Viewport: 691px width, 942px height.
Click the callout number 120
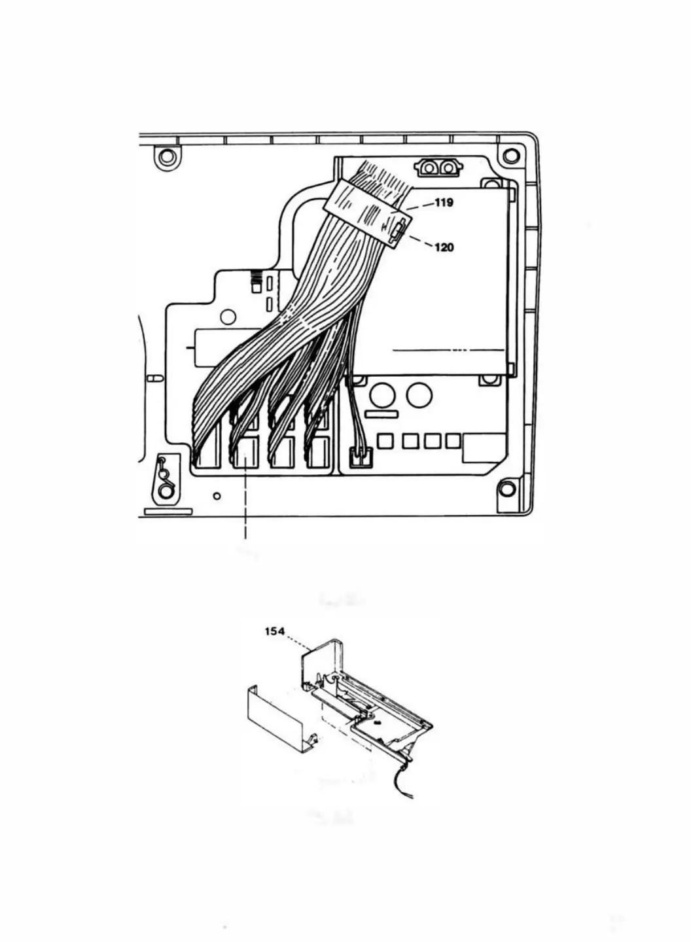444,247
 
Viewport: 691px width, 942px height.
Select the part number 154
274,631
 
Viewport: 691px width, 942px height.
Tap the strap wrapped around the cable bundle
366,209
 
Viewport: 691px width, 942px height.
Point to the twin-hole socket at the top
438,168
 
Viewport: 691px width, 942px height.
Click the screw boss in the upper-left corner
166,157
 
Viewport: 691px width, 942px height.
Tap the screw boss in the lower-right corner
506,489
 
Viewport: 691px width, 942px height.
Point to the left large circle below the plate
381,395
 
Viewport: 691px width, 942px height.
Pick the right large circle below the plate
418,395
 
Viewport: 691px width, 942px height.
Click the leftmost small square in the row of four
386,442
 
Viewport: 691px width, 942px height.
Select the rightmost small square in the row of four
453,441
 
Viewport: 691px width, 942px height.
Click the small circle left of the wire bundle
228,317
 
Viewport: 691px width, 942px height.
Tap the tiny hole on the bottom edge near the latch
217,496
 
